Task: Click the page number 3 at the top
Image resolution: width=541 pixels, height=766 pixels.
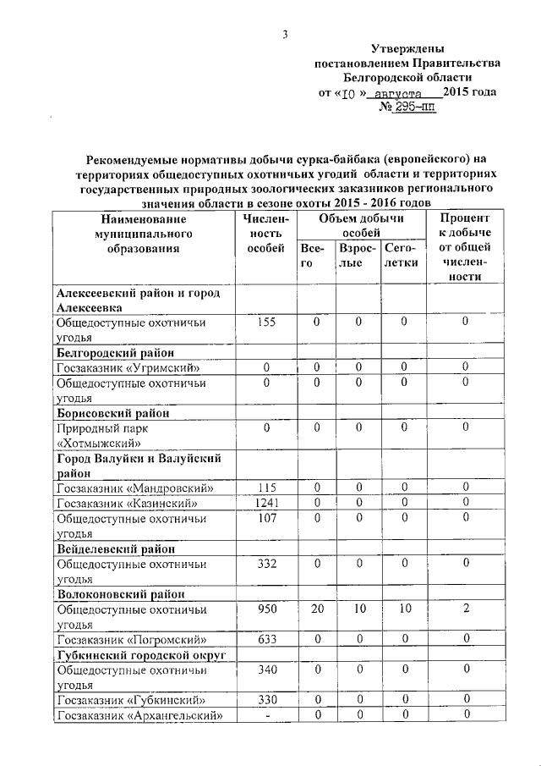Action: click(x=286, y=34)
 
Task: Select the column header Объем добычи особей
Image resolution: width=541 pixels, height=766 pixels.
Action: click(x=361, y=225)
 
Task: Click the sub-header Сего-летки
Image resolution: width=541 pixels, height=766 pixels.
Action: click(x=401, y=256)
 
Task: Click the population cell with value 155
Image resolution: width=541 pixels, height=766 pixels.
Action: click(x=266, y=322)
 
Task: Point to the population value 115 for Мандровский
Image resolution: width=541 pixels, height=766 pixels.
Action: click(x=266, y=488)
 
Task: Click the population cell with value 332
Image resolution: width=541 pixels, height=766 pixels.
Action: click(x=266, y=564)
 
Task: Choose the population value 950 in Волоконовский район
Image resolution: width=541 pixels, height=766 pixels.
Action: click(x=266, y=609)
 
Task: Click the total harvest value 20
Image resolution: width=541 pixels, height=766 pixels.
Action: click(x=316, y=609)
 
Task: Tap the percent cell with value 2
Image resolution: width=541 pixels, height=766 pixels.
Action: click(x=465, y=609)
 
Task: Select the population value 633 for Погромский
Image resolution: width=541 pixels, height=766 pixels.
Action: click(x=266, y=640)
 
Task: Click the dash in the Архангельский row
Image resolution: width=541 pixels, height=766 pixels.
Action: click(x=266, y=716)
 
